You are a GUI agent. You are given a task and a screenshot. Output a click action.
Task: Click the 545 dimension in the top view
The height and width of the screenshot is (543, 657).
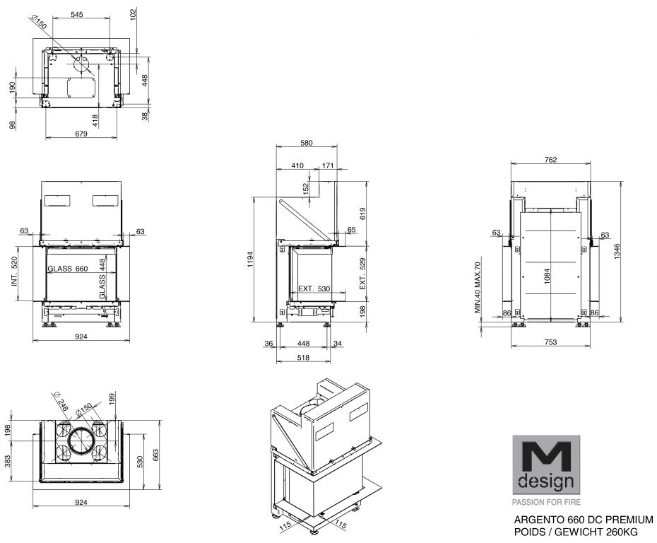point(77,14)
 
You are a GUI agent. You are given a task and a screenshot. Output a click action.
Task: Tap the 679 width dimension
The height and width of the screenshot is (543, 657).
point(81,134)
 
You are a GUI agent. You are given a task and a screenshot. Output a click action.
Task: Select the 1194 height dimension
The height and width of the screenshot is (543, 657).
point(250,259)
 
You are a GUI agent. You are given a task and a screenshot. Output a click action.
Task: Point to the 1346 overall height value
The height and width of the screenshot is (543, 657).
point(617,252)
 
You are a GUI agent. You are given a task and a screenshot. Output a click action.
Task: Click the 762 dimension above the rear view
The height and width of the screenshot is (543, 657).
point(550,159)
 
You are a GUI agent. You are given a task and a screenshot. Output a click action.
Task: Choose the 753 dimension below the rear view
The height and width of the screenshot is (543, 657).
point(550,341)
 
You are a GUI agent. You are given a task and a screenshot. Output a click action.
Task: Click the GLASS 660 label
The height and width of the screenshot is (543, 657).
point(67,269)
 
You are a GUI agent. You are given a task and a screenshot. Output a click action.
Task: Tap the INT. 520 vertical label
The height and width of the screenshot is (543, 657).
point(15,271)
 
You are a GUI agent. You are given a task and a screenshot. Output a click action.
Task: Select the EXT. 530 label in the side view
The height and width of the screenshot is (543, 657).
point(314,289)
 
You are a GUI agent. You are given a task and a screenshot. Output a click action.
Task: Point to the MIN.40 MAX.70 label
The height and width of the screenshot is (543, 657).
point(478,288)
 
